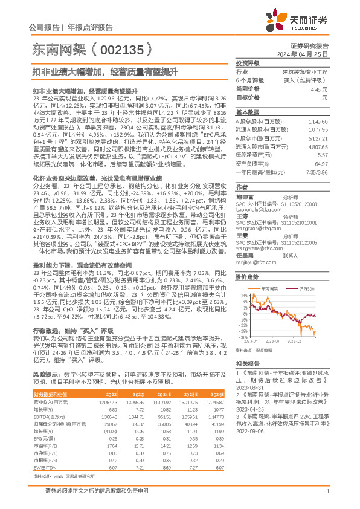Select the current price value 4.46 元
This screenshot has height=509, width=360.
click(317, 88)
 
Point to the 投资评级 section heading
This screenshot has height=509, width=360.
click(247, 63)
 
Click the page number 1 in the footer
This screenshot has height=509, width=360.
click(327, 491)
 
